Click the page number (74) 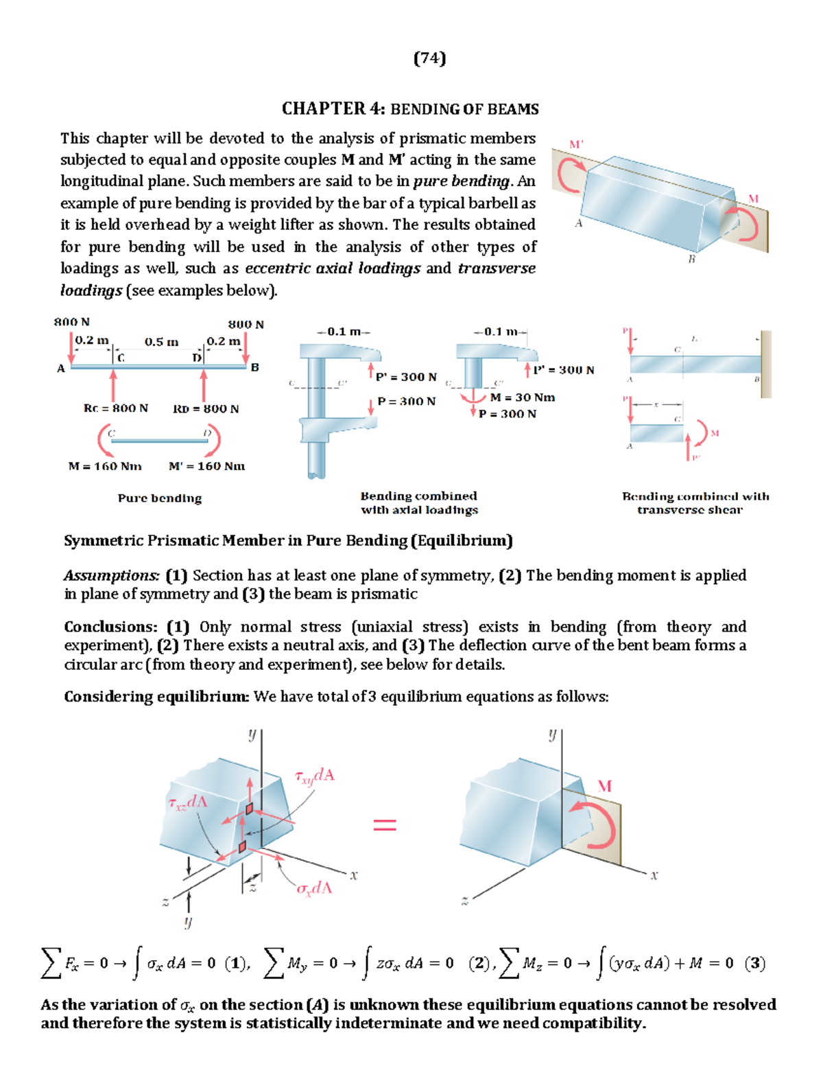click(430, 58)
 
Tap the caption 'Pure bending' click(160, 498)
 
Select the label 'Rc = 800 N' click(116, 408)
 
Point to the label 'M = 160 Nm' click(105, 466)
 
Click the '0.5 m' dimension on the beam click(161, 342)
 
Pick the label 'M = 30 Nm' click(523, 397)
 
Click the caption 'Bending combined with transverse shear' click(695, 502)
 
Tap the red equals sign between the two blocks click(385, 824)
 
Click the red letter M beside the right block click(604, 786)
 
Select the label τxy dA click(315, 776)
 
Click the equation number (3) click(755, 963)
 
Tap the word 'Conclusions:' click(111, 627)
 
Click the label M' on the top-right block click(576, 144)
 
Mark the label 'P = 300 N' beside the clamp click(407, 402)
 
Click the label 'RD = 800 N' click(206, 409)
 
